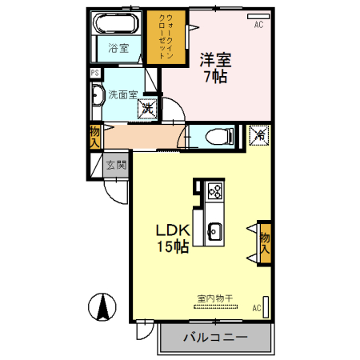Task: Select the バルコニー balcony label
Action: (214, 338)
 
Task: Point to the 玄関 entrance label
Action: (116, 166)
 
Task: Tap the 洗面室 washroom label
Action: (122, 92)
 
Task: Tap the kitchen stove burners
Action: (214, 190)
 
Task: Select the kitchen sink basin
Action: (214, 232)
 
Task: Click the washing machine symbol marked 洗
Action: (149, 106)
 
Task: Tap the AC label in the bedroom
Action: (258, 26)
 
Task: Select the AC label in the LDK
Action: (257, 307)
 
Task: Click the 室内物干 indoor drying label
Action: (214, 298)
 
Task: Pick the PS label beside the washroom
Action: (95, 73)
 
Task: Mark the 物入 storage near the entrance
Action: (95, 137)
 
